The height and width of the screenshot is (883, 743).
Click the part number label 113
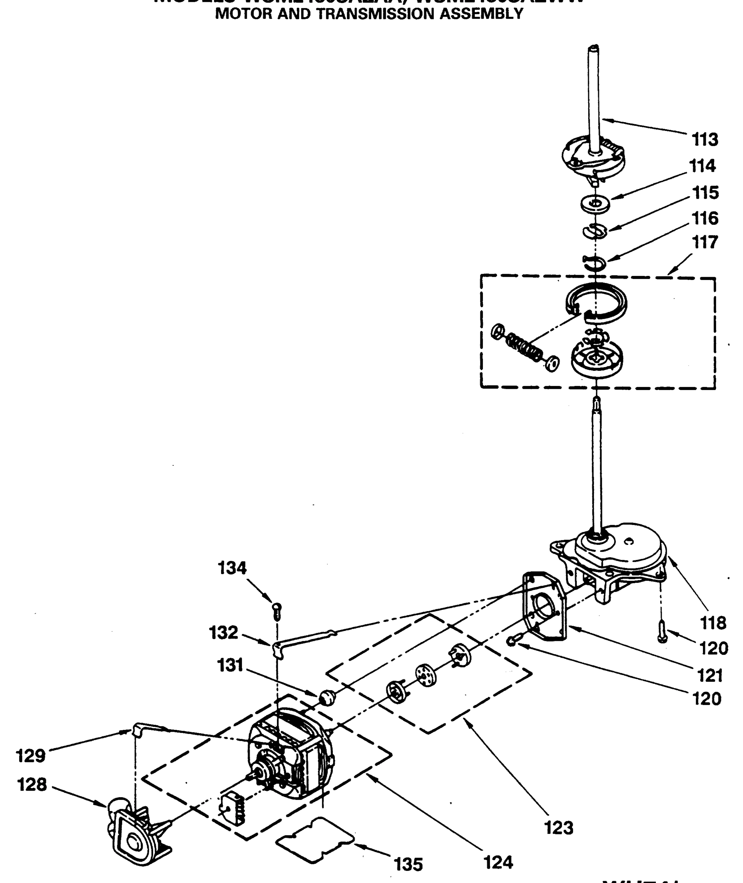click(705, 139)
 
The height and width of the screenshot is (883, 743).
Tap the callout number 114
click(702, 166)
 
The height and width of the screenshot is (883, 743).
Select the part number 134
click(232, 568)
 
